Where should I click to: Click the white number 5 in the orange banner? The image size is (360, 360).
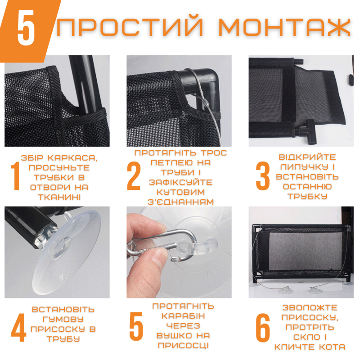26,29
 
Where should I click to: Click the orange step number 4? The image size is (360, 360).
18,329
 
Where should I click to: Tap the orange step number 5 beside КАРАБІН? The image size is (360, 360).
136,328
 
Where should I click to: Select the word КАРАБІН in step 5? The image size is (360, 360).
183,315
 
